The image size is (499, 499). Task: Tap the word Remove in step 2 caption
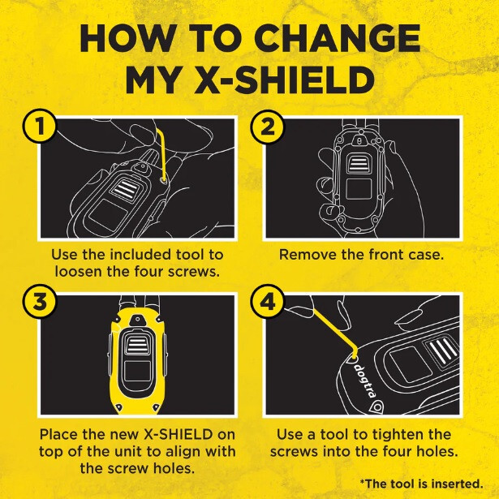pos(308,255)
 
